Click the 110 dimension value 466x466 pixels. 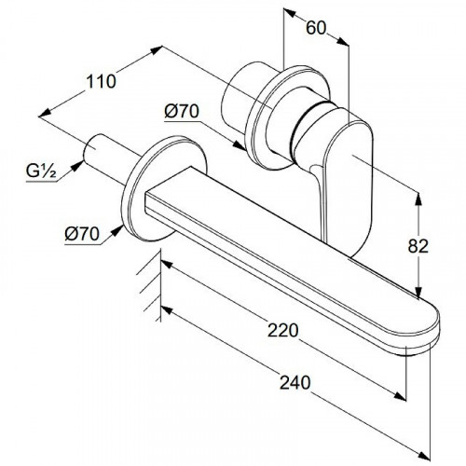[101, 82]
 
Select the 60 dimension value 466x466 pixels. [316, 28]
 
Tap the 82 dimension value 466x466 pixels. [418, 247]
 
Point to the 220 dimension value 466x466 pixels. [283, 330]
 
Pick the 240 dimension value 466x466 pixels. [295, 382]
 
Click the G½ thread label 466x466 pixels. [41, 171]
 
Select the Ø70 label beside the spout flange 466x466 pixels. [82, 234]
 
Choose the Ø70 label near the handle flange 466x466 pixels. [182, 111]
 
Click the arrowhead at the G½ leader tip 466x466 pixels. [77, 165]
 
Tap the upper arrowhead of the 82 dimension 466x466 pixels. [418, 199]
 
